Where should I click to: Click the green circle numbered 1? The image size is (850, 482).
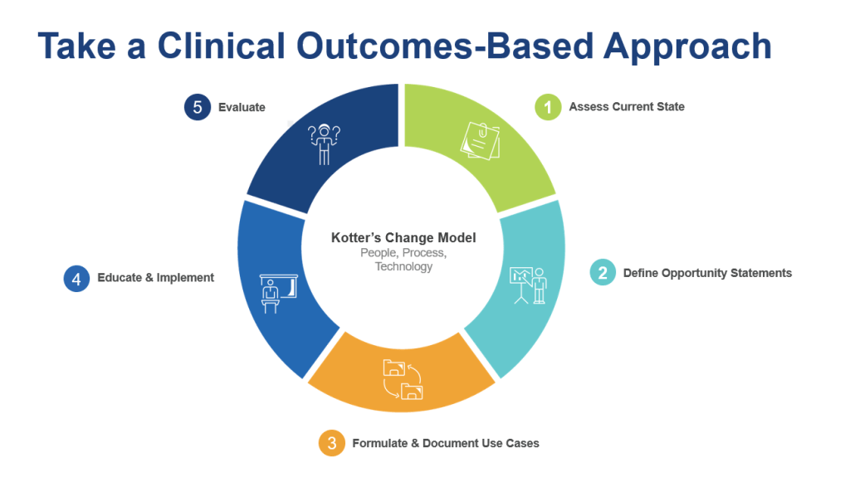pos(548,107)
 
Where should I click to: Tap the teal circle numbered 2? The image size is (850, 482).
pos(603,273)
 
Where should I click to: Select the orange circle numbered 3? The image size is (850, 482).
pos(331,443)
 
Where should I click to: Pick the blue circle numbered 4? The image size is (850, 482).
pos(76,278)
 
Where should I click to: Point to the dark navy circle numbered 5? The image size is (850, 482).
pos(197,107)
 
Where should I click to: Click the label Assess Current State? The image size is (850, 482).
pos(627,107)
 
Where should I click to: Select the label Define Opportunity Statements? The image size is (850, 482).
pos(707,273)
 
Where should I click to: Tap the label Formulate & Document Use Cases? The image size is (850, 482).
pos(446,443)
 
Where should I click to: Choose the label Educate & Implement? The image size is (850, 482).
pos(155,278)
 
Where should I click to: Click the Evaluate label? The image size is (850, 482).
pos(242,107)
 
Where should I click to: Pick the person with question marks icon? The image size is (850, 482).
pos(324,144)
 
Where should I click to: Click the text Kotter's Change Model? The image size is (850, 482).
pos(403,238)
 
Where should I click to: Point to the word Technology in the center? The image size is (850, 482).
pos(403,266)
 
